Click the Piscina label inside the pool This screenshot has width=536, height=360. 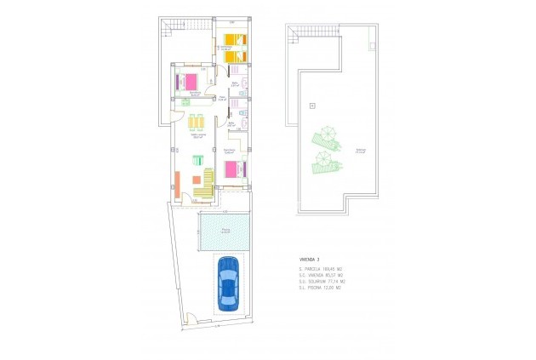225,229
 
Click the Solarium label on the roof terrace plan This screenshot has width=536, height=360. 338,151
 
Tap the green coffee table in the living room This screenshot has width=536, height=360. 197,159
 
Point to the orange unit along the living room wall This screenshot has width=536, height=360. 177,182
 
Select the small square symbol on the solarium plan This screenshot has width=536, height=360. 312,105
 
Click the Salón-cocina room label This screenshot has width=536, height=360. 197,136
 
